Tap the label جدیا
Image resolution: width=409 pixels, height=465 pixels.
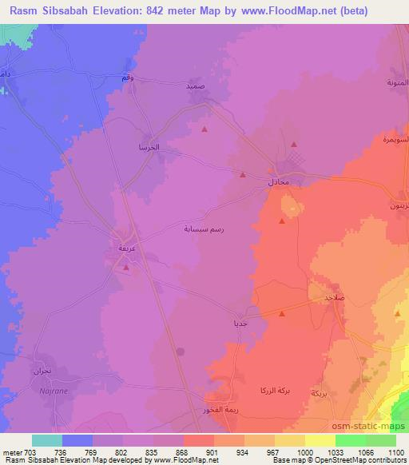(239, 324)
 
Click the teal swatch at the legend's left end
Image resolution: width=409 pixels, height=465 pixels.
(46, 440)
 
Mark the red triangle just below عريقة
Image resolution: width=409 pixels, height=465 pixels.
(126, 268)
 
